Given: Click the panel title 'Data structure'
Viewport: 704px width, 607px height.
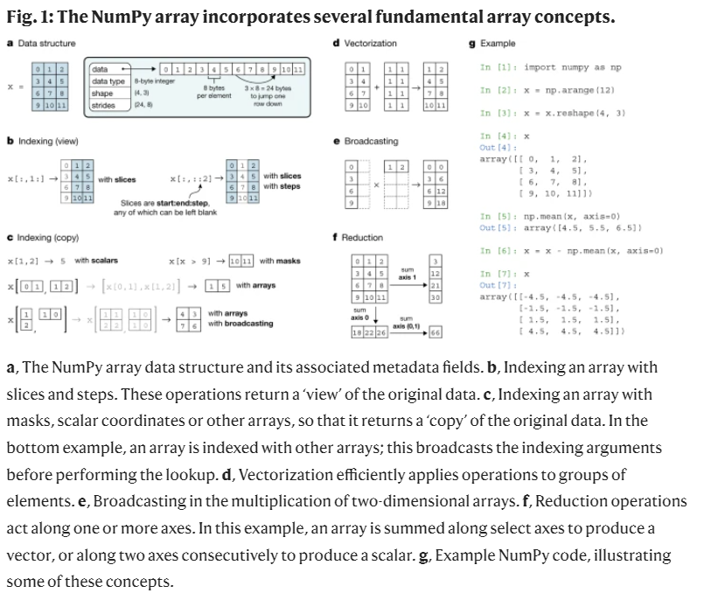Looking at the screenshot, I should coord(45,43).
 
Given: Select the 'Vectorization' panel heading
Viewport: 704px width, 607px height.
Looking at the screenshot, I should coord(370,43).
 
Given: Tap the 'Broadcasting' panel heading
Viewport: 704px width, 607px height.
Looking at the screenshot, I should coord(371,141).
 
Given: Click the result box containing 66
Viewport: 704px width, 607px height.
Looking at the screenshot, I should coord(435,333).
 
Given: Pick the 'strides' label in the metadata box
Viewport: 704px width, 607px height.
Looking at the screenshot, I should coord(103,105).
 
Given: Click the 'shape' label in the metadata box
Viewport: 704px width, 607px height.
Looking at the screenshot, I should coord(102,93).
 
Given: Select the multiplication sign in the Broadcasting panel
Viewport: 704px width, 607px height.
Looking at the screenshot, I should coord(376,185).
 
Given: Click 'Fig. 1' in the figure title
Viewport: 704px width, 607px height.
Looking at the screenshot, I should coord(29,17).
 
